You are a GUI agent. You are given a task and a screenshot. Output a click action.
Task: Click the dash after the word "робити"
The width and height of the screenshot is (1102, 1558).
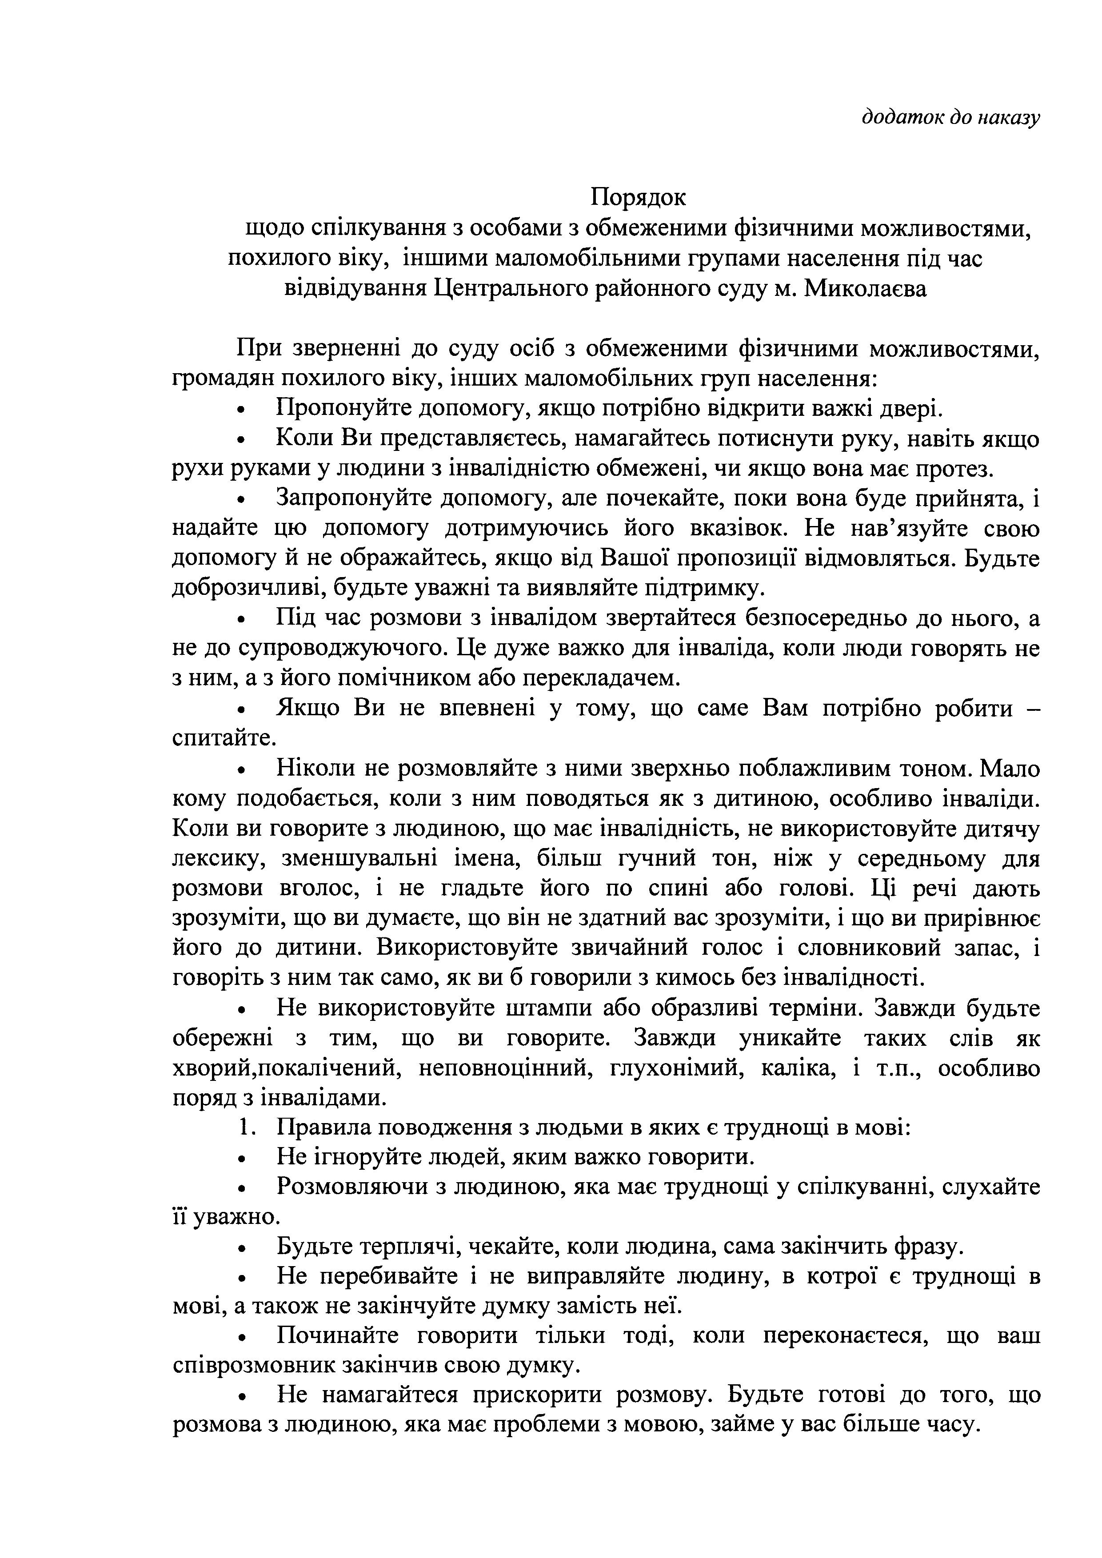click(x=1032, y=709)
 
